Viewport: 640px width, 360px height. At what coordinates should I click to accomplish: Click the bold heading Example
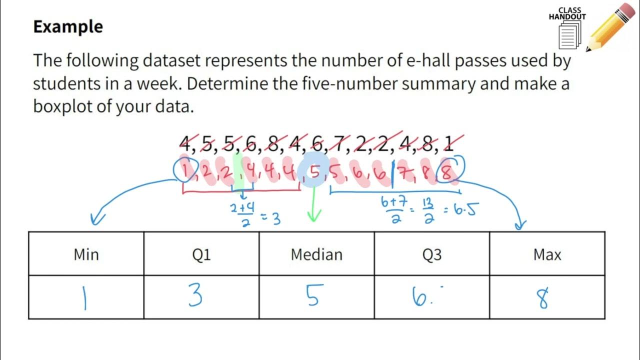click(x=68, y=27)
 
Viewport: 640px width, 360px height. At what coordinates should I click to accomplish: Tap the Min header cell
click(x=86, y=254)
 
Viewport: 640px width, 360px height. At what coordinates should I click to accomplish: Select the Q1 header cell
click(x=201, y=254)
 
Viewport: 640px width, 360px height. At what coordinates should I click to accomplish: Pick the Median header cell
click(x=316, y=254)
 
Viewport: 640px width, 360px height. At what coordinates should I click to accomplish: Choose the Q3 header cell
click(x=432, y=254)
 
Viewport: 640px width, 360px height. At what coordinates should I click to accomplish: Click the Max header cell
click(x=547, y=254)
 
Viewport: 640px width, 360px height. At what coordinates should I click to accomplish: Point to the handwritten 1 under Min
click(x=85, y=297)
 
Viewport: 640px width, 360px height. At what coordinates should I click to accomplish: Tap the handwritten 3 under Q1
click(x=195, y=296)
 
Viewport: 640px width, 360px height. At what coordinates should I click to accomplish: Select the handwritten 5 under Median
click(x=312, y=295)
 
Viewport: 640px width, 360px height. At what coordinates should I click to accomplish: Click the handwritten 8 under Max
click(x=543, y=297)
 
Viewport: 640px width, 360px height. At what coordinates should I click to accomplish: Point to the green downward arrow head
click(x=314, y=216)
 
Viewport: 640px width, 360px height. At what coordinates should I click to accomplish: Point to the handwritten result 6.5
click(x=464, y=209)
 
